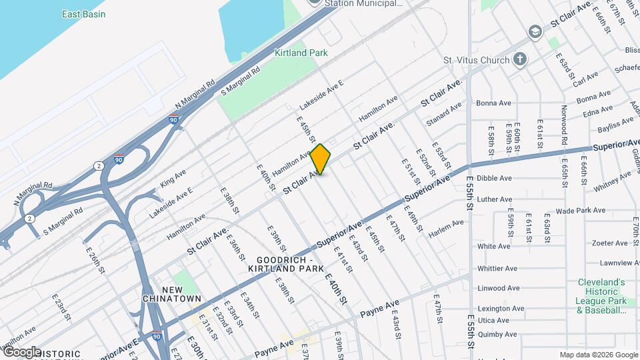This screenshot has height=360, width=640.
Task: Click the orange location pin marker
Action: point(321,159)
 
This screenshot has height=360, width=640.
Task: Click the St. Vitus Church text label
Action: point(477,61)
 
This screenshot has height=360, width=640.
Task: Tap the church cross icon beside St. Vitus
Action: point(520,60)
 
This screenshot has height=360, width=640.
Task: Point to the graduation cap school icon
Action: point(535,32)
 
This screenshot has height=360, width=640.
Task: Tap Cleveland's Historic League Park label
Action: point(601,296)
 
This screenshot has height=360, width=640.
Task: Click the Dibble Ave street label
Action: point(494,179)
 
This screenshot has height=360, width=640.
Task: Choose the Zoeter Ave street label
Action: point(591,243)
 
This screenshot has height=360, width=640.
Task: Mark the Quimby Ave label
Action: point(494,335)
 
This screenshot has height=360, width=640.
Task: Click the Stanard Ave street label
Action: point(444,114)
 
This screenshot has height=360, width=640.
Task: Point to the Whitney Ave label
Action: point(611,181)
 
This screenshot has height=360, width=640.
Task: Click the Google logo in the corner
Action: point(21,352)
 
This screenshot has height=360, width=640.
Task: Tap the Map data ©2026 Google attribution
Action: point(598,355)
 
